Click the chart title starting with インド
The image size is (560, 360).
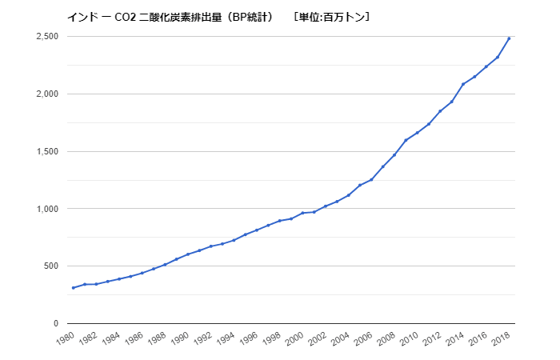tap(171, 17)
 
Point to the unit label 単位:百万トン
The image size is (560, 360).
tap(331, 17)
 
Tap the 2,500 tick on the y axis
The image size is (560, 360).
tap(47, 37)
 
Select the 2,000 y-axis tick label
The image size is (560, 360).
tap(47, 94)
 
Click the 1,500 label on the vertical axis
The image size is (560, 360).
tap(47, 151)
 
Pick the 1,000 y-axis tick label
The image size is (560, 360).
tap(47, 209)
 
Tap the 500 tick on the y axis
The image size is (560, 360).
tap(51, 266)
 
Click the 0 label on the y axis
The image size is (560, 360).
tap(56, 323)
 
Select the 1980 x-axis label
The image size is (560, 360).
tap(65, 338)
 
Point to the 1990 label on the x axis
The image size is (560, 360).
tap(179, 338)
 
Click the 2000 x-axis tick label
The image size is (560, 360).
tap(294, 338)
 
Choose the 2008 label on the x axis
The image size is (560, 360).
tap(386, 338)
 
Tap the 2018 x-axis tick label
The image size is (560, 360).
tap(500, 338)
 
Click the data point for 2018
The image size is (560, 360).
tap(509, 38)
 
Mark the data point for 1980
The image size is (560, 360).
tap(74, 288)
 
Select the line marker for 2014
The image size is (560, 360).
tap(463, 84)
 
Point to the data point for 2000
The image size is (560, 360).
tap(302, 213)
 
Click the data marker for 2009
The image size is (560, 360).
tap(406, 140)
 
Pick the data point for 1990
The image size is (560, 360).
tap(188, 254)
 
